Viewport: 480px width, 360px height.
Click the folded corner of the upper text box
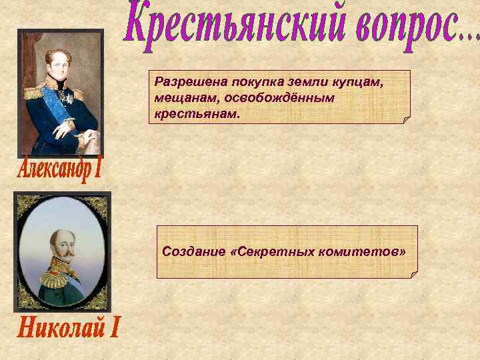tap(406, 120)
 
